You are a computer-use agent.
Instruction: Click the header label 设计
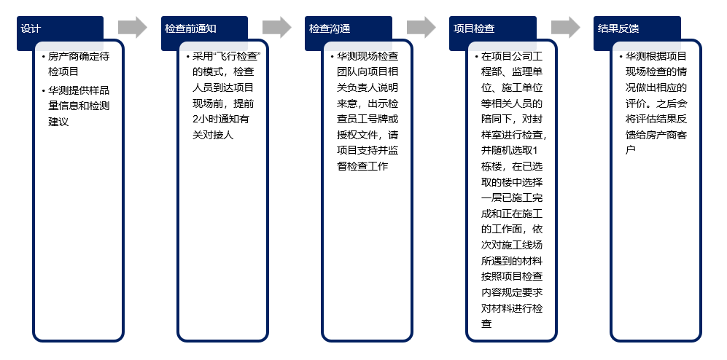(31, 28)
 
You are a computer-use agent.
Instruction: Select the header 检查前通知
(190, 28)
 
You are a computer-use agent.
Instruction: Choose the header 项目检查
(474, 28)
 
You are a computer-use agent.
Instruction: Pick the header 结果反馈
(618, 28)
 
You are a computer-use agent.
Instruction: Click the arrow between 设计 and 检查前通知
(133, 28)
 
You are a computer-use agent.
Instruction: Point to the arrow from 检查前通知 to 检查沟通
(277, 28)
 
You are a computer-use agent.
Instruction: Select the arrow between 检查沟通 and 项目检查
(421, 28)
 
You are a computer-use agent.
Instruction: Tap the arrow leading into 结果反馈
(566, 28)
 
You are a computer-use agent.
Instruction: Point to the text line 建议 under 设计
(58, 122)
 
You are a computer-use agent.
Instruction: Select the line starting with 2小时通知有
(221, 119)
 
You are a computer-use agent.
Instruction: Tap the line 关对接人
(213, 135)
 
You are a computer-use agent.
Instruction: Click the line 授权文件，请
(368, 135)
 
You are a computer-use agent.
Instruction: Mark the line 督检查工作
(362, 166)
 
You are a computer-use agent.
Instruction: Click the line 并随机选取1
(510, 151)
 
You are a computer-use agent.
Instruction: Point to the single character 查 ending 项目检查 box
(486, 323)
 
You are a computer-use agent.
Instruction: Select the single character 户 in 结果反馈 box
(630, 151)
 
